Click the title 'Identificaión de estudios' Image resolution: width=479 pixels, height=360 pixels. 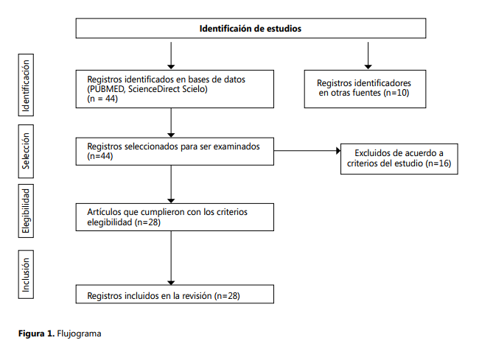click(251, 29)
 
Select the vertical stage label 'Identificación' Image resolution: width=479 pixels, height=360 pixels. click(26, 85)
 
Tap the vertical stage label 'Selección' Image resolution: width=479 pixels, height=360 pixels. click(26, 151)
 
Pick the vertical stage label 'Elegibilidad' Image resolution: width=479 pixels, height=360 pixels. click(26, 211)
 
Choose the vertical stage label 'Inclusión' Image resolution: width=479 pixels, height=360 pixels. click(26, 275)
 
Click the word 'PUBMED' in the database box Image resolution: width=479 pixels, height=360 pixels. click(107, 89)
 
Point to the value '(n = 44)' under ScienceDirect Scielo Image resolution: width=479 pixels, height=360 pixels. click(102, 99)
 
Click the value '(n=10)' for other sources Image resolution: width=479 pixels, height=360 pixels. click(396, 93)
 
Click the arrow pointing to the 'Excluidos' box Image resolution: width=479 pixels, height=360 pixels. click(307, 151)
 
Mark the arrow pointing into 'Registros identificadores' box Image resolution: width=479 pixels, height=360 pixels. click(368, 55)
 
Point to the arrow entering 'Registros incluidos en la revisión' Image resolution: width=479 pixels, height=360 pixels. click(171, 258)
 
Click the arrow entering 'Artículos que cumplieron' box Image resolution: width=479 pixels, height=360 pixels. click(171, 184)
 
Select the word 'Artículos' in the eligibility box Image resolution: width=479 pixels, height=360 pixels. click(104, 212)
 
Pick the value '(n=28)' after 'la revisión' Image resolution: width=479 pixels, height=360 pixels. click(227, 296)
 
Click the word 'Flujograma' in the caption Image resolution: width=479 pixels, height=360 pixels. click(79, 333)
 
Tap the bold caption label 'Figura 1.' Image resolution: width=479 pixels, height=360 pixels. click(36, 333)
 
